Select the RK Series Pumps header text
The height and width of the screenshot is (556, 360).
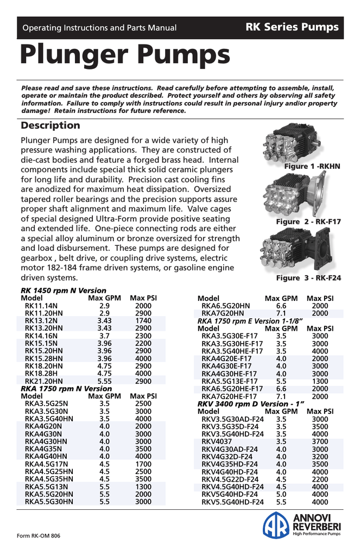tap(292, 27)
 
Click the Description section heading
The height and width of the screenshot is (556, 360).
tap(50, 125)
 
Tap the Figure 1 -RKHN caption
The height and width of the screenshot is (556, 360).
tap(312, 166)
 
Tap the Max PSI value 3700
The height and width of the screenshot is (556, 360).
tap(320, 442)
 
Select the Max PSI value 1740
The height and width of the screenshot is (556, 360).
tap(143, 321)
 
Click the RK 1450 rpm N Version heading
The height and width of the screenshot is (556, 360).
tap(64, 290)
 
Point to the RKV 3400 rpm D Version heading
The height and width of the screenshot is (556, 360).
tap(250, 404)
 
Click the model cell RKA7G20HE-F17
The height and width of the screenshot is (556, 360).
tap(232, 396)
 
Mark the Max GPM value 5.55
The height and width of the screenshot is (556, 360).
tap(104, 382)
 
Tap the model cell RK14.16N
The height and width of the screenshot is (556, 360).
tap(41, 336)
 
